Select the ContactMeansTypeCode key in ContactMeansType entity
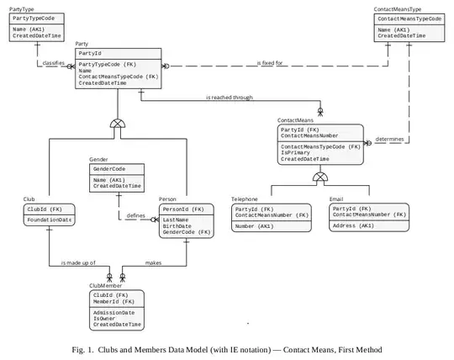click(x=409, y=18)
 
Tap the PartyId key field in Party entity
click(x=90, y=53)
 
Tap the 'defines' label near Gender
click(x=135, y=215)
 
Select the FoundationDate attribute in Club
click(x=50, y=220)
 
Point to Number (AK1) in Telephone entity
click(x=253, y=226)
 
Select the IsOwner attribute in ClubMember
click(x=106, y=318)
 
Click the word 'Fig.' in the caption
click(x=82, y=348)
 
